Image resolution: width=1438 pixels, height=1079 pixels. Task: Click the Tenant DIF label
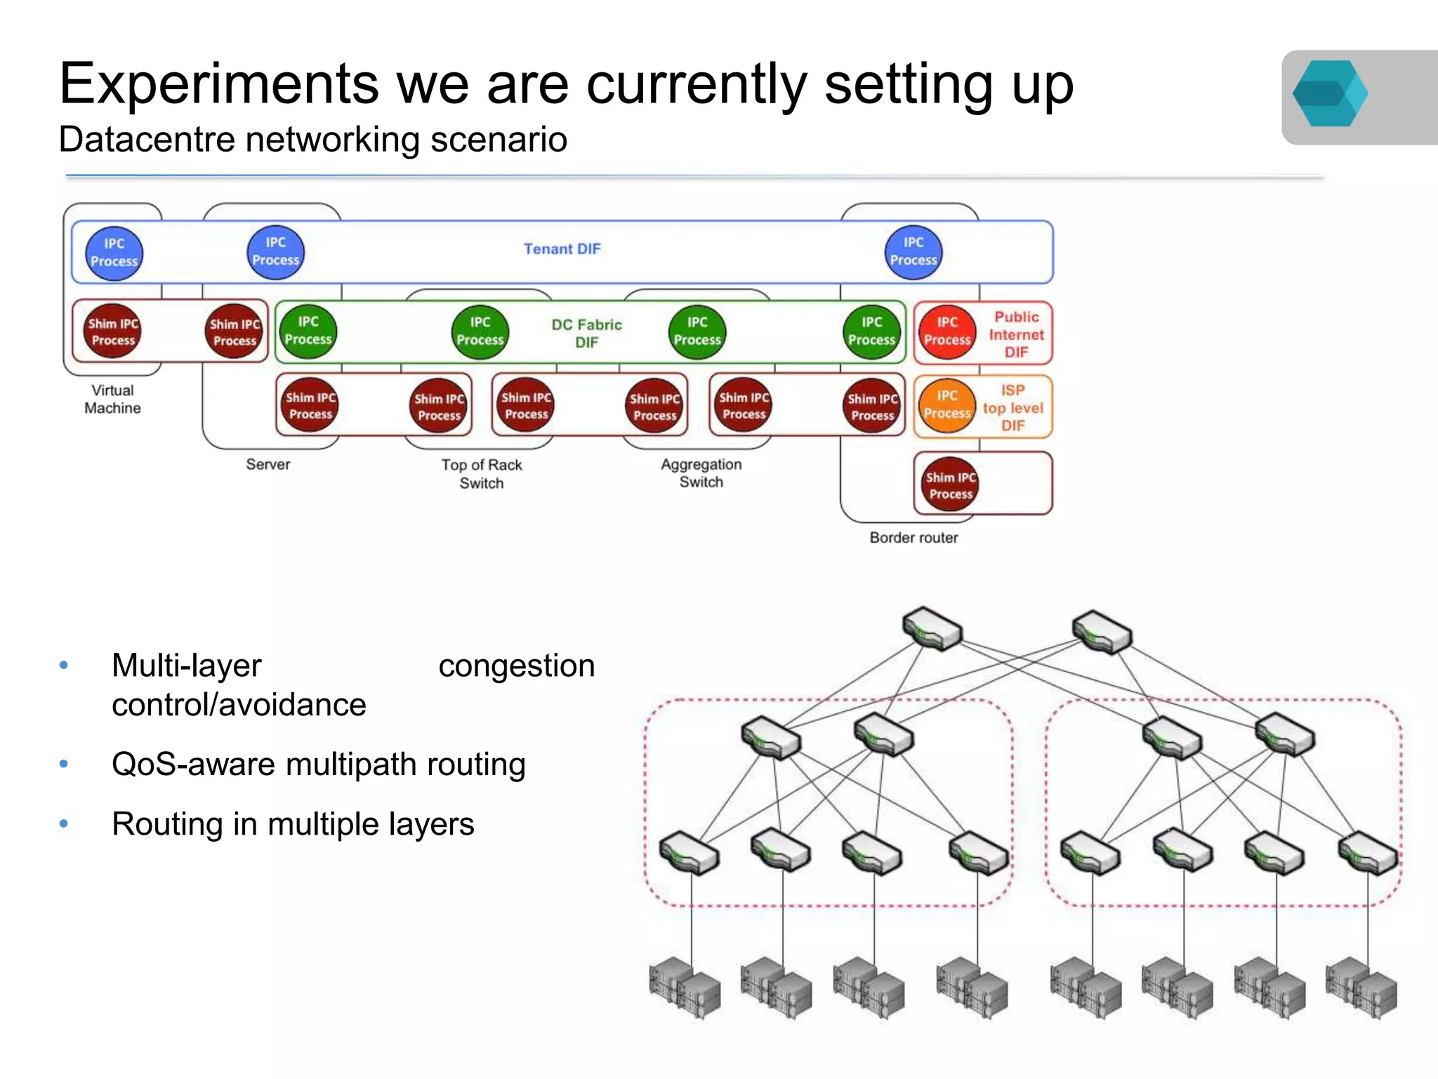click(562, 249)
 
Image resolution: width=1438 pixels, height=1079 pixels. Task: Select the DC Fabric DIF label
click(586, 333)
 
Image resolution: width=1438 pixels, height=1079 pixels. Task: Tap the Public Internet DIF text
click(1016, 335)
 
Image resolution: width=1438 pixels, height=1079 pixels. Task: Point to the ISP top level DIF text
click(1012, 408)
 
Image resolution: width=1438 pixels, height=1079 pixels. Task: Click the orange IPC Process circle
click(947, 405)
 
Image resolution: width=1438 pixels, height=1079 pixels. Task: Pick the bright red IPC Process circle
click(947, 331)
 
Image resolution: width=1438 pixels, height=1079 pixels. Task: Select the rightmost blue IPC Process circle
click(913, 251)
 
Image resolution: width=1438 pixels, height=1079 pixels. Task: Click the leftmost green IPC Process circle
click(308, 331)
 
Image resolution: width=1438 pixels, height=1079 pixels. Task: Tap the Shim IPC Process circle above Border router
click(951, 485)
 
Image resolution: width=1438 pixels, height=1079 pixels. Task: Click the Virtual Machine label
click(112, 399)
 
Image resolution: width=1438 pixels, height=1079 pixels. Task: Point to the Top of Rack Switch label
click(481, 474)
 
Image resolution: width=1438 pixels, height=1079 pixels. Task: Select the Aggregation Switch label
click(701, 473)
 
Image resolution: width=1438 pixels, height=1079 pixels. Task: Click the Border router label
click(913, 538)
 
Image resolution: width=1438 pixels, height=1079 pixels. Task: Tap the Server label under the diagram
click(268, 464)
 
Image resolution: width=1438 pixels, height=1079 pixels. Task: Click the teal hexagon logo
click(1328, 94)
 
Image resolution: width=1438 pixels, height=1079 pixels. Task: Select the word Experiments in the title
click(218, 84)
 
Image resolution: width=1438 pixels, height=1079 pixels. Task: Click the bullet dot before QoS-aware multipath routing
click(64, 764)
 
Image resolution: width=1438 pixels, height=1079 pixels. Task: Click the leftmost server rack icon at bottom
click(685, 986)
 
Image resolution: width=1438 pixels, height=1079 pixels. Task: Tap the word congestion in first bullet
click(516, 666)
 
